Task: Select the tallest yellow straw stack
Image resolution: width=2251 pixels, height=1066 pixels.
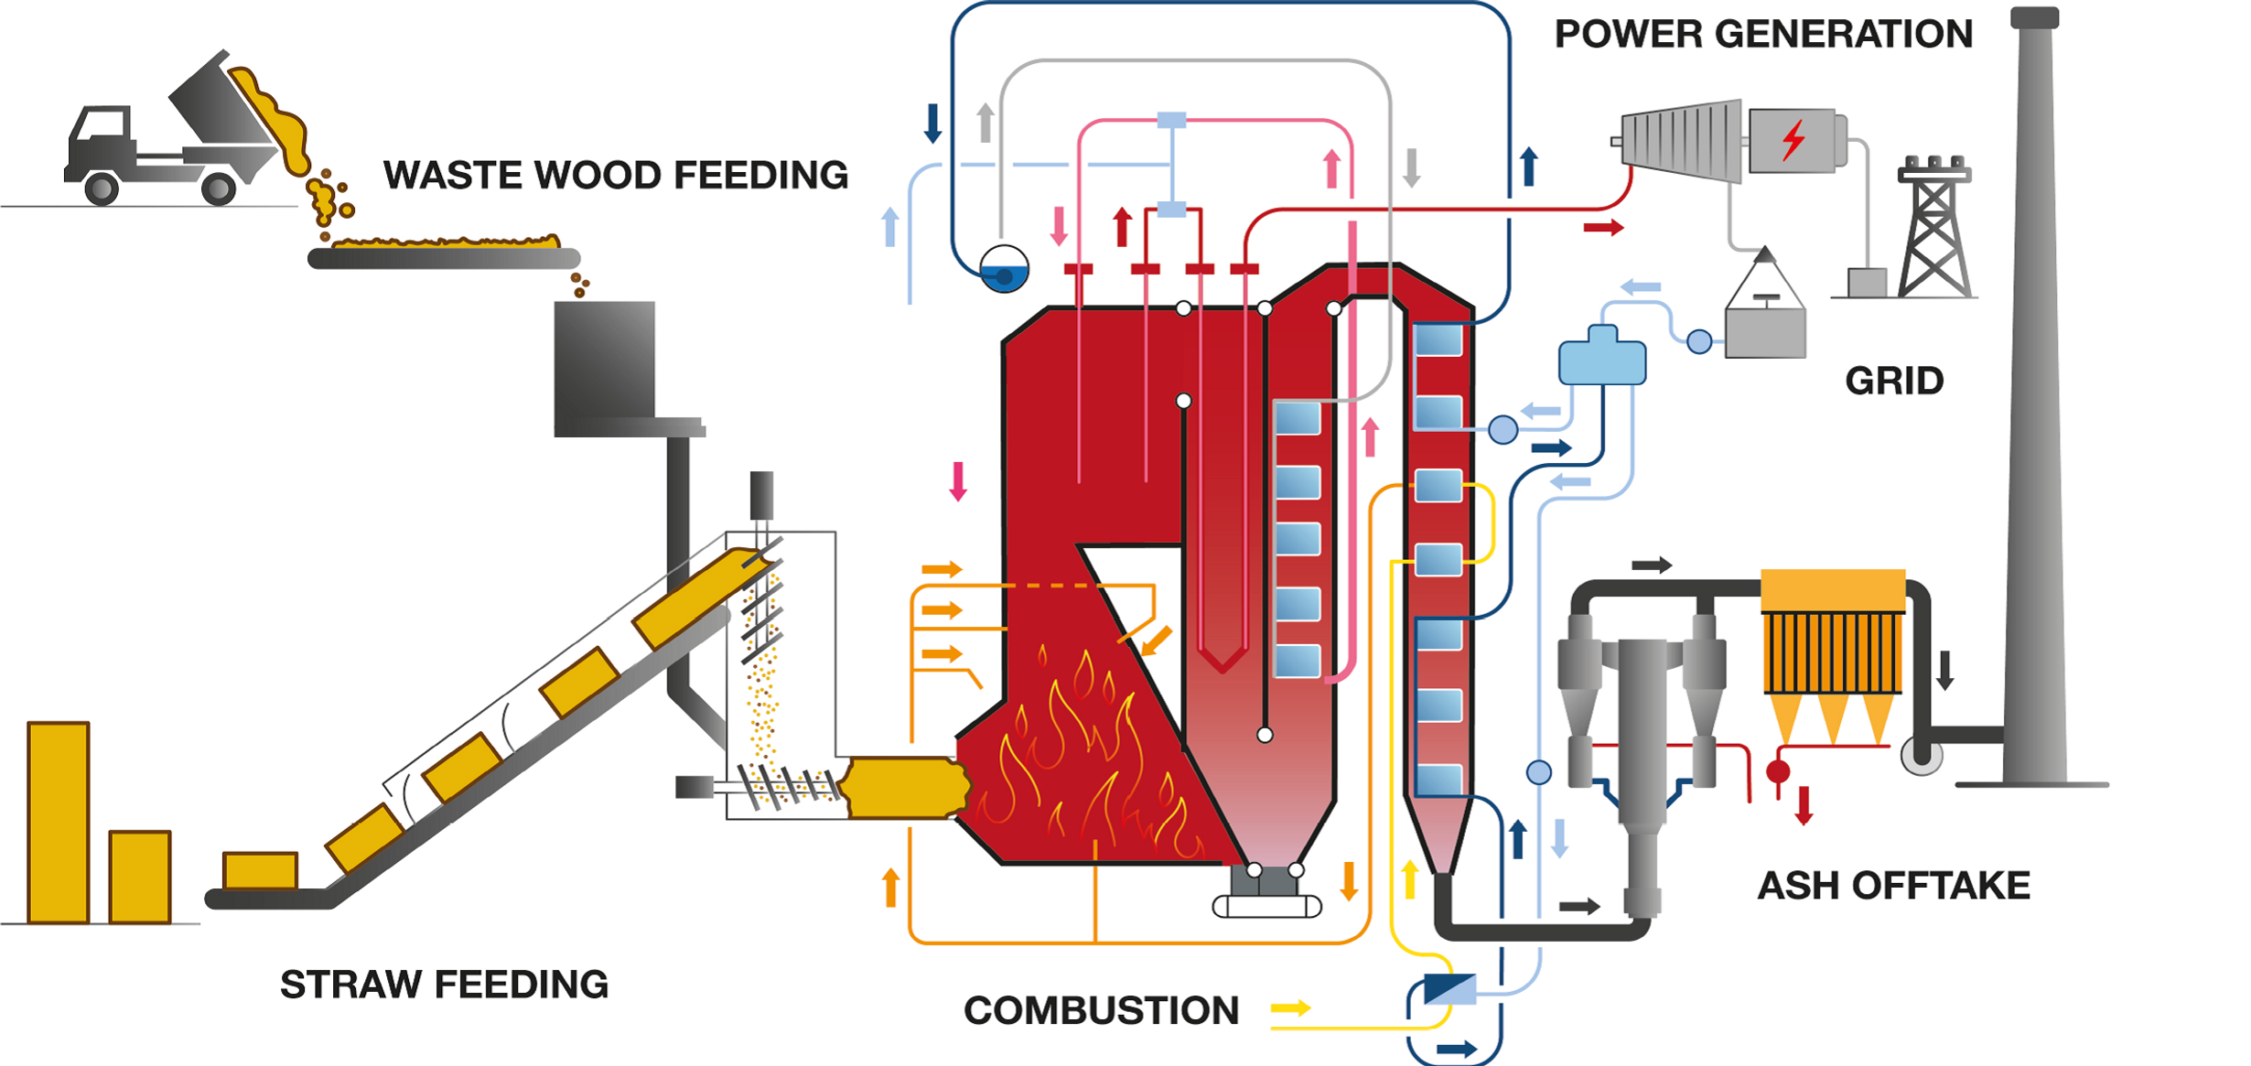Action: coord(59,822)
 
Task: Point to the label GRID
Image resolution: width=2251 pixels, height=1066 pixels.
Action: coord(1893,381)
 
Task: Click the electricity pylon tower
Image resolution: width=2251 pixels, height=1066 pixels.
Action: coord(1933,229)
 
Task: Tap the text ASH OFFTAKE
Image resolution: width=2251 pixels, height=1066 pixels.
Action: coord(1893,886)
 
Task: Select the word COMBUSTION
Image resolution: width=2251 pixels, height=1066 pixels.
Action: coord(1101,1010)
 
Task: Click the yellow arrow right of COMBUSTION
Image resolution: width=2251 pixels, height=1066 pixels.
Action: coord(1291,1008)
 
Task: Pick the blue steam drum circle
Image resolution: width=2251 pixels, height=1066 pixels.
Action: coord(1004,269)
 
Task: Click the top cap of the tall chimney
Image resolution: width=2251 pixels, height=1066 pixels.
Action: coord(2033,17)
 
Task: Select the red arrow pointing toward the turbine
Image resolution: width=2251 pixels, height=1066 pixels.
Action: coord(1603,227)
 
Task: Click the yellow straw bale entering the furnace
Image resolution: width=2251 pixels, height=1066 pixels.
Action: coord(904,787)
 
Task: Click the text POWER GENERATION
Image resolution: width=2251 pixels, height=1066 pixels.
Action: coord(1763,34)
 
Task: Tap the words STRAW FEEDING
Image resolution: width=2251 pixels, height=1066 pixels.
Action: coord(444,985)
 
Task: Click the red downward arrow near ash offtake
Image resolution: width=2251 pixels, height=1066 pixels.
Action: coord(1804,805)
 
